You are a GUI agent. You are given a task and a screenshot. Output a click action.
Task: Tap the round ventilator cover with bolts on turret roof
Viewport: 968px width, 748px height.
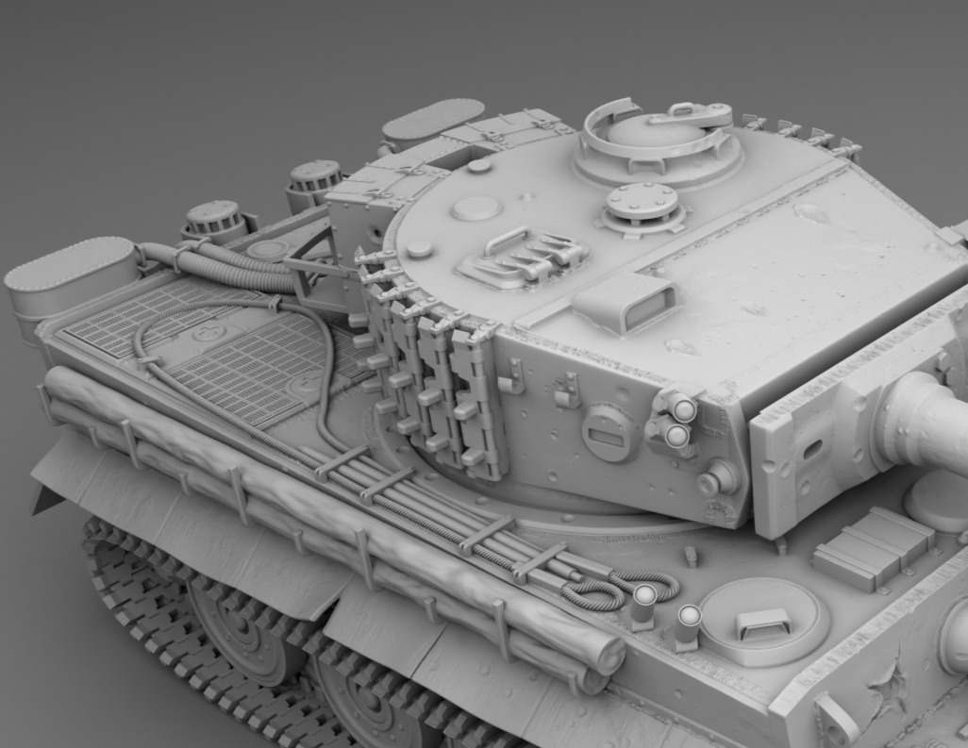pyautogui.click(x=643, y=201)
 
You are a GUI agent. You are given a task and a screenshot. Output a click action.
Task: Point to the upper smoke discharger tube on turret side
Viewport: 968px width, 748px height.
pyautogui.click(x=682, y=409)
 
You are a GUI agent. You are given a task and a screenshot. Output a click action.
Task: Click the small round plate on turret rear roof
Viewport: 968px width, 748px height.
pyautogui.click(x=476, y=208)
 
